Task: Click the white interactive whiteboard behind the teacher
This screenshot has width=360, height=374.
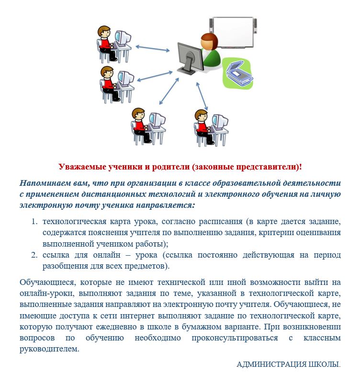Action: pos(233,32)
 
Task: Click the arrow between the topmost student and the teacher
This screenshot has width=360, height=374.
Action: pos(153,48)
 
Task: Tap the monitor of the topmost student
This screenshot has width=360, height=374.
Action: pos(123,38)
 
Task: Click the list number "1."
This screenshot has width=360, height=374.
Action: pos(34,222)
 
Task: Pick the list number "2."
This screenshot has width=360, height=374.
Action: pos(34,255)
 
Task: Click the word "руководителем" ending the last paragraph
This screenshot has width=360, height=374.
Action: pos(49,349)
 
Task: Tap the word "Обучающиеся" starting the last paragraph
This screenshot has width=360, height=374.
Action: pos(48,283)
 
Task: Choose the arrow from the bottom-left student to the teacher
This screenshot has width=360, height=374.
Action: pos(169,91)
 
